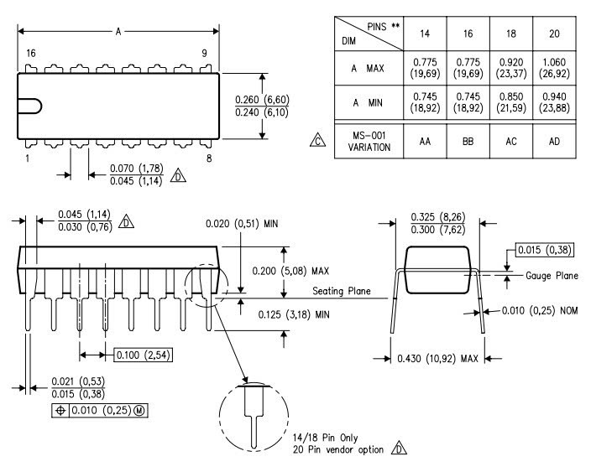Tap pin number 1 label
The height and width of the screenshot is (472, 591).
click(28, 157)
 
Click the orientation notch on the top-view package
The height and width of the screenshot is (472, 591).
click(29, 106)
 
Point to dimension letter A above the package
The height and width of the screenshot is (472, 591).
click(119, 31)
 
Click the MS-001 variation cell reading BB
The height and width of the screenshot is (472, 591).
click(468, 143)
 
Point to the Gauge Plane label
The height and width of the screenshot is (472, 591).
click(552, 275)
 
